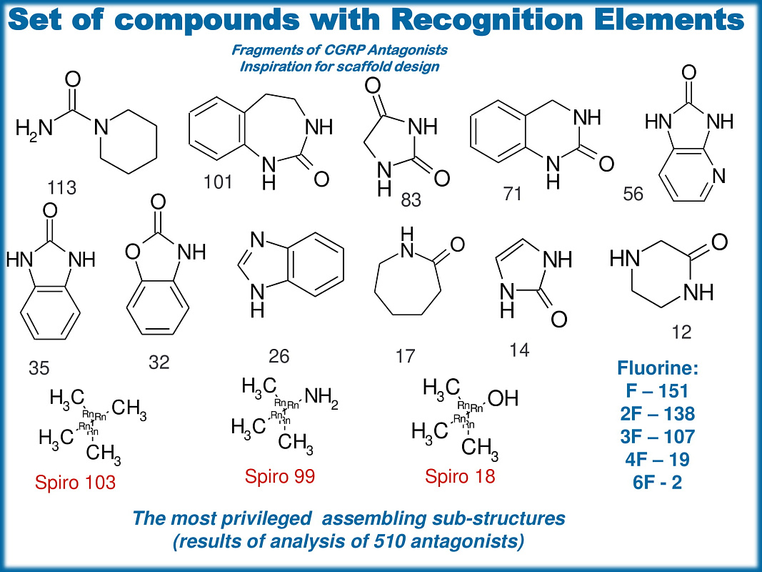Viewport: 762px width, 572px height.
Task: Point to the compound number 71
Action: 512,193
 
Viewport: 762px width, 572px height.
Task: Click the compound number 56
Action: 633,194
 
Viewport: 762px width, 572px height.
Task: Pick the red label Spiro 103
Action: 75,483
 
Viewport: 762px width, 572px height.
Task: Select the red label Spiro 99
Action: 280,476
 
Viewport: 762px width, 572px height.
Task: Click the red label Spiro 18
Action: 460,476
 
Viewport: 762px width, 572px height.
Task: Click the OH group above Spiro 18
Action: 502,398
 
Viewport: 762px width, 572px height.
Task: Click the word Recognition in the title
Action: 514,20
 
